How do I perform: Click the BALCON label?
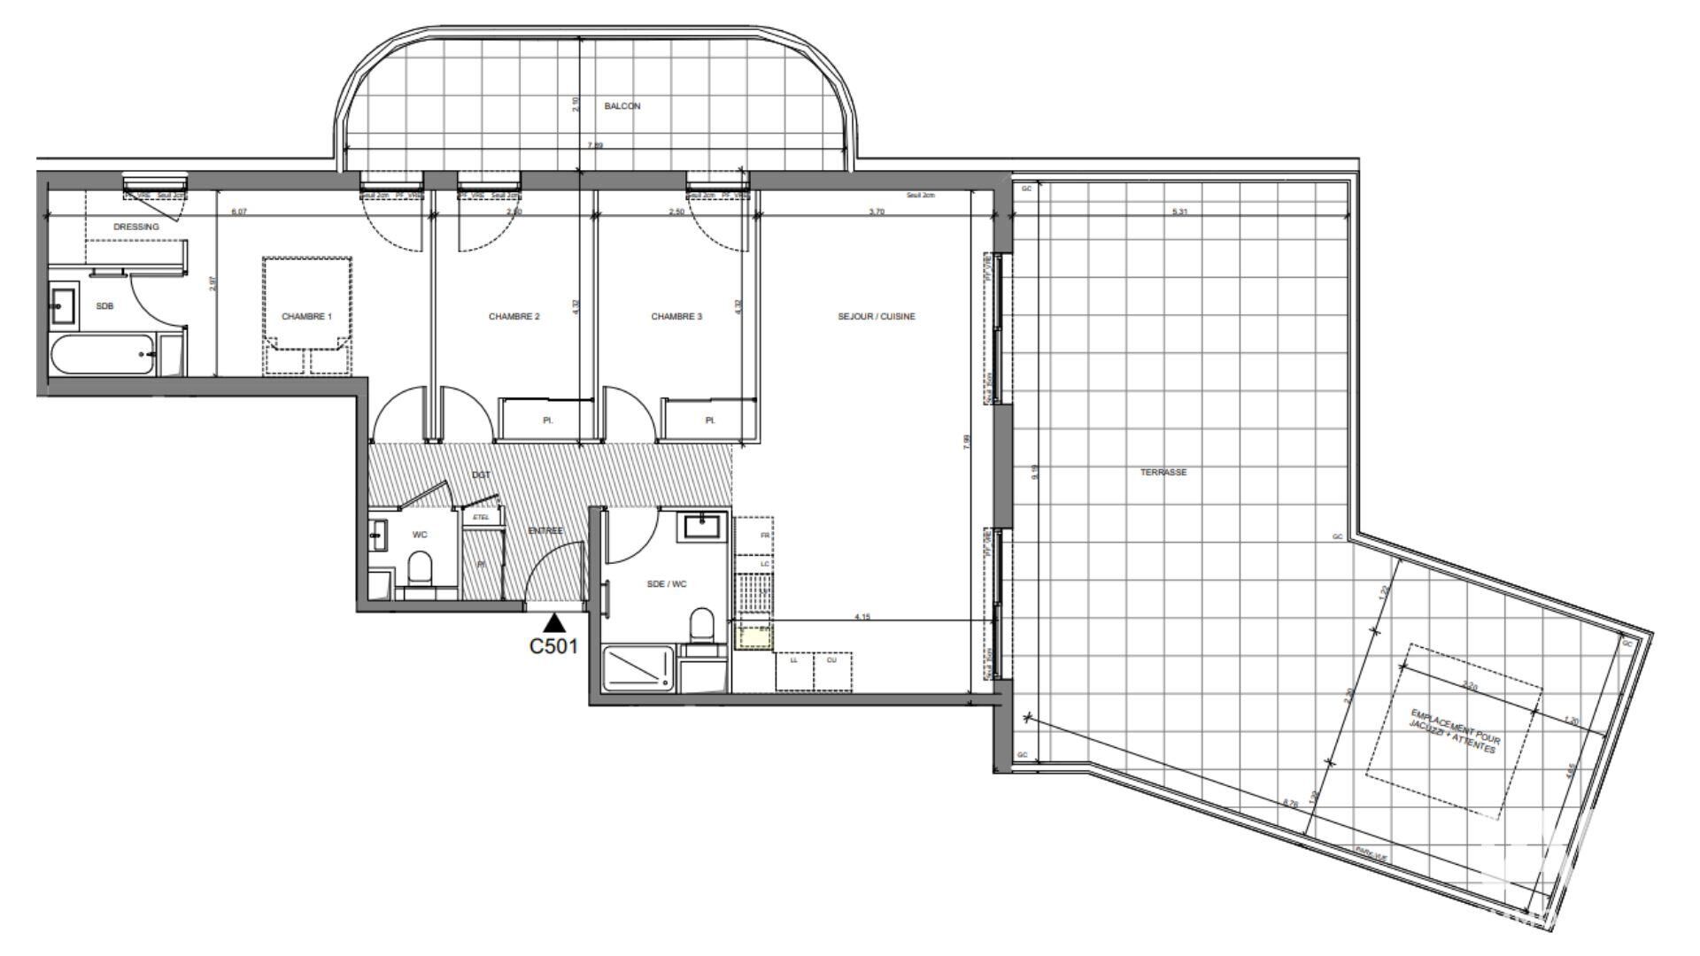click(622, 106)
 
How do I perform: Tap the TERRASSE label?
click(1163, 473)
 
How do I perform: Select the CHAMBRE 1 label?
click(306, 316)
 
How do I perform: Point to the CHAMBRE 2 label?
click(514, 316)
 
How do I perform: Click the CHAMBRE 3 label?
click(676, 316)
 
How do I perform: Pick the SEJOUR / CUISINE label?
click(877, 316)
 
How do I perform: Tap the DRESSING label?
click(136, 227)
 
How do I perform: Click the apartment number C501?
click(553, 646)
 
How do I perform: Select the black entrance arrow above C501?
click(554, 623)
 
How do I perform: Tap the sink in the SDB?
click(64, 305)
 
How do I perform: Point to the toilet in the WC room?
click(420, 569)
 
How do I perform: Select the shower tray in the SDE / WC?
click(637, 668)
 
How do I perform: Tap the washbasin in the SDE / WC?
click(704, 528)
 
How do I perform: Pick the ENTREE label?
click(545, 530)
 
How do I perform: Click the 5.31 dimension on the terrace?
click(1179, 212)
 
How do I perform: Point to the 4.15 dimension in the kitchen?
click(862, 616)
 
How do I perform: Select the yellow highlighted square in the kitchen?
click(754, 636)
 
